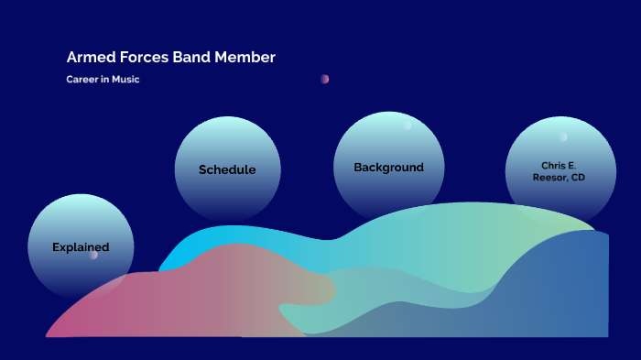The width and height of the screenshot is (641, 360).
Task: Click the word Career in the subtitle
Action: [x=81, y=80]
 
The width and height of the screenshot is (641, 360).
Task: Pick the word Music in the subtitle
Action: [x=125, y=80]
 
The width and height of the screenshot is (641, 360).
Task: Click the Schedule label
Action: [x=227, y=169]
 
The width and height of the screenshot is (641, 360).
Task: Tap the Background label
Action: [x=388, y=168]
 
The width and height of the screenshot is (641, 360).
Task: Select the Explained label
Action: [x=81, y=247]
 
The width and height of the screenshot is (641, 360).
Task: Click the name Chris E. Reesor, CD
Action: [x=559, y=171]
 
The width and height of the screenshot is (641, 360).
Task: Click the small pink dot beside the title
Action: [x=324, y=79]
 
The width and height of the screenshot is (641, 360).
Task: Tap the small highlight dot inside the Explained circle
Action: [x=92, y=256]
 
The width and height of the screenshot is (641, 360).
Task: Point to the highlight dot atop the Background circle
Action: [x=407, y=125]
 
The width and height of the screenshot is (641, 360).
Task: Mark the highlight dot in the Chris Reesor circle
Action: [x=563, y=137]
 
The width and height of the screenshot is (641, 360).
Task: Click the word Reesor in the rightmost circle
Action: [x=549, y=178]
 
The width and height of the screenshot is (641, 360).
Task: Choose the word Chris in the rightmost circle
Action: [x=553, y=166]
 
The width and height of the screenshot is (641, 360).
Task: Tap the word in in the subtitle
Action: [x=104, y=80]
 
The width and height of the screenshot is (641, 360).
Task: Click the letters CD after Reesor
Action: [x=578, y=178]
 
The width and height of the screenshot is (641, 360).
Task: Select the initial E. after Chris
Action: [x=572, y=166]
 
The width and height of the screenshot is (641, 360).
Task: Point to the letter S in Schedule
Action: [x=203, y=169]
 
